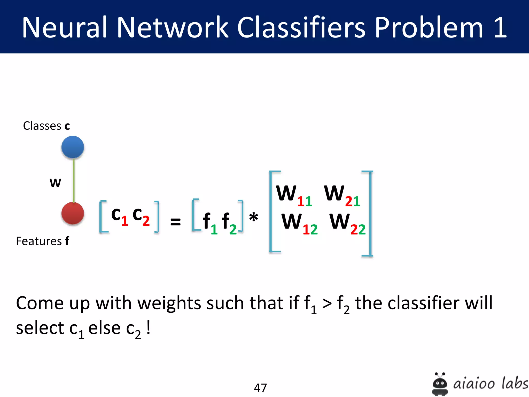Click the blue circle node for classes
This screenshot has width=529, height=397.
pyautogui.click(x=73, y=147)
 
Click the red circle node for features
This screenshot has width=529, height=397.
pyautogui.click(x=73, y=213)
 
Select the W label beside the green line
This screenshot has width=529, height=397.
pyautogui.click(x=55, y=183)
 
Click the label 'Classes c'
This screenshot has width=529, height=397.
pyautogui.click(x=46, y=126)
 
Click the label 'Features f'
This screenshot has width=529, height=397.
pyautogui.click(x=43, y=241)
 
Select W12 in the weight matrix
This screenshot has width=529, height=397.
pyautogui.click(x=299, y=223)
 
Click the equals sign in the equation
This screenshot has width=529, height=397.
pyautogui.click(x=175, y=222)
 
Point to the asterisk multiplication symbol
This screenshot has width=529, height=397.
pyautogui.click(x=253, y=217)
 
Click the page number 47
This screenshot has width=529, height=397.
pyautogui.click(x=260, y=388)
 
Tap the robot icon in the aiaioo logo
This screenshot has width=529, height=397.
pyautogui.click(x=440, y=384)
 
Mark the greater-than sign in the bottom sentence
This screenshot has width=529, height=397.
pyautogui.click(x=327, y=304)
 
